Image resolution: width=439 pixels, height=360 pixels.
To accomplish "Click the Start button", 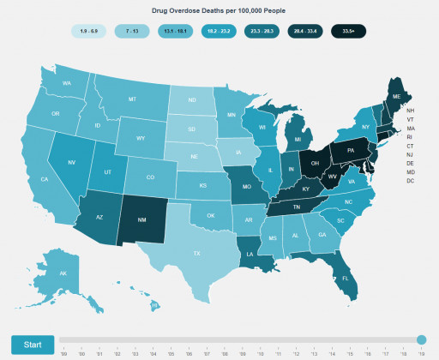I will tap(33, 344).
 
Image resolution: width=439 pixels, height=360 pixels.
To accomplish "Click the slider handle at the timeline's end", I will tap(421, 339).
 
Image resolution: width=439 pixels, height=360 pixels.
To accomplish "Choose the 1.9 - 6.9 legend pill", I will tap(88, 31).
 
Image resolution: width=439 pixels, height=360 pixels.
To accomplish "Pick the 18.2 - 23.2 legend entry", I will tap(218, 31).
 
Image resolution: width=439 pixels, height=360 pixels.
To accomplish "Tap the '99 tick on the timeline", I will tap(64, 352).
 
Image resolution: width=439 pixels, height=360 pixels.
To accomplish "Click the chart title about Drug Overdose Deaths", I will tap(219, 12).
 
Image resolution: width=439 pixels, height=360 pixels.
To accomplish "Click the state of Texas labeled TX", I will tap(196, 253).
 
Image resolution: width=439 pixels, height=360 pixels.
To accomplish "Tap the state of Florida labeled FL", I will tap(344, 278).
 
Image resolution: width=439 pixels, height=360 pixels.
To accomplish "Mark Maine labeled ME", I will tap(395, 98).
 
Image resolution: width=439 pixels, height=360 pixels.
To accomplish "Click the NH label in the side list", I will tap(411, 111).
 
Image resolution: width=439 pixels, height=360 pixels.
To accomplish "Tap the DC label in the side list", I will tap(411, 181).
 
